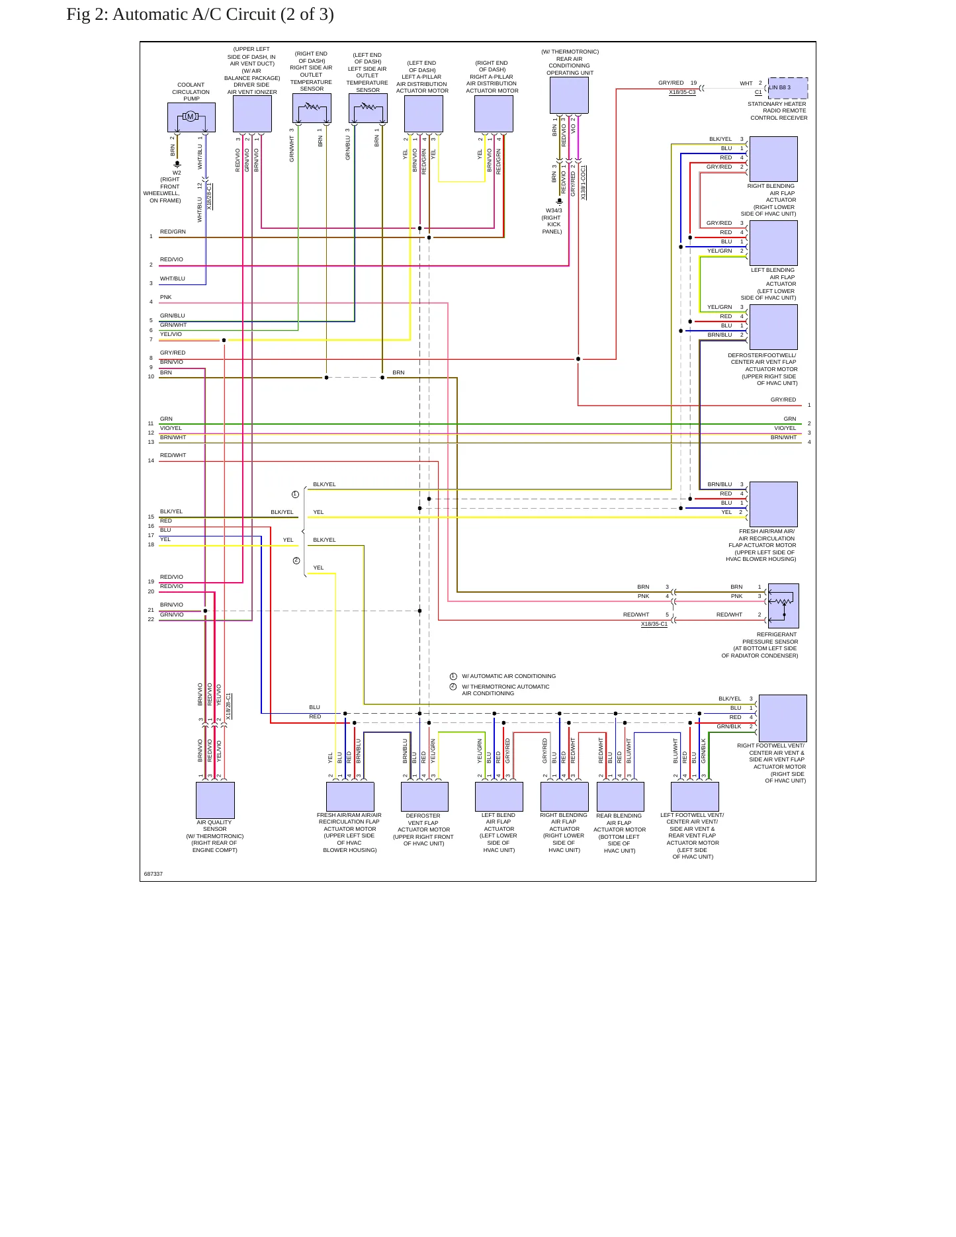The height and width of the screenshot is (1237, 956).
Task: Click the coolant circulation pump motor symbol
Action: click(x=191, y=116)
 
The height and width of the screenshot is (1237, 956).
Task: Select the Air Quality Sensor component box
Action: click(x=215, y=800)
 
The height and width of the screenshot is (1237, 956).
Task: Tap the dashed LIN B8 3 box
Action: click(x=788, y=88)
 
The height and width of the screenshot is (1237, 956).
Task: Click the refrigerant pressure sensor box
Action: click(x=783, y=606)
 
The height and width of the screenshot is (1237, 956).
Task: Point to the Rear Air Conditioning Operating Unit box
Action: click(x=569, y=95)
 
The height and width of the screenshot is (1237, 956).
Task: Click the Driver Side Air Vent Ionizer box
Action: click(x=252, y=114)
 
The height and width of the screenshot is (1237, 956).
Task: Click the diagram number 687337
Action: click(x=153, y=874)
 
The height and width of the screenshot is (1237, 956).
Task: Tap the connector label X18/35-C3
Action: click(x=682, y=93)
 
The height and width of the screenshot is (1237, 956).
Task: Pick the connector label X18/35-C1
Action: click(x=654, y=624)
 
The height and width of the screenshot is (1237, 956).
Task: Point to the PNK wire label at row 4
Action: click(x=165, y=297)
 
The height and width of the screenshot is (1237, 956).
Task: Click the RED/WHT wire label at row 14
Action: click(x=173, y=455)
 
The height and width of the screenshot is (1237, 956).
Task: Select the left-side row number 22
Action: click(x=151, y=619)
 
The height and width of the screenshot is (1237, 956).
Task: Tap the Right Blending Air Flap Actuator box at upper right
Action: click(x=773, y=159)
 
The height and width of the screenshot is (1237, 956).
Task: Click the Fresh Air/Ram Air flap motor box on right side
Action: click(x=773, y=504)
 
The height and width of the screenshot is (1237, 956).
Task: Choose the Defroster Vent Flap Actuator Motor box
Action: click(x=425, y=796)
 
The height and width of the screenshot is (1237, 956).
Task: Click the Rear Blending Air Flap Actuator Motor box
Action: click(x=621, y=796)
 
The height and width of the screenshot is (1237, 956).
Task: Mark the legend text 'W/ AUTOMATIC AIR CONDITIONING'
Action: click(x=509, y=676)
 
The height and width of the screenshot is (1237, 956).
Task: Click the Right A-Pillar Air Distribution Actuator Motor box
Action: click(x=494, y=114)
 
